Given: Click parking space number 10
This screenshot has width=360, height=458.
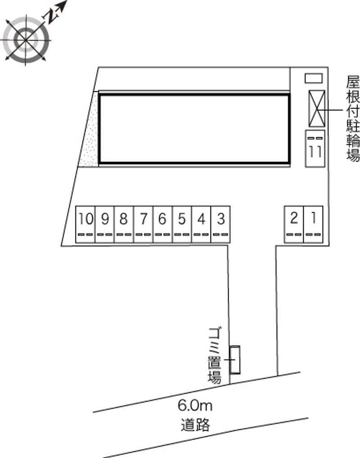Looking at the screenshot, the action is [85, 225].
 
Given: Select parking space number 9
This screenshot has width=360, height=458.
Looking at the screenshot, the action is [104, 225].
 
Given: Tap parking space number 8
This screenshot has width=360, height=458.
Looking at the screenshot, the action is [124, 225].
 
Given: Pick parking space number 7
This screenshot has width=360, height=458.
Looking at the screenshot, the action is [143, 225].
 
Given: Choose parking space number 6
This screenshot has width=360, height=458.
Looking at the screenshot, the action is [162, 225].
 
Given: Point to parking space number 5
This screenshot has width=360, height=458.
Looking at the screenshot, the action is [182, 225].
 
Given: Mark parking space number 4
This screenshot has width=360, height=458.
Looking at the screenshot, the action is [201, 225].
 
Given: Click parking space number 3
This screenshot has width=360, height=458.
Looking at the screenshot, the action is [220, 225].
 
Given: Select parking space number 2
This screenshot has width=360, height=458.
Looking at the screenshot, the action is [294, 225].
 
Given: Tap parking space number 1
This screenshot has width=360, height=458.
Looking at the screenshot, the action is [313, 225].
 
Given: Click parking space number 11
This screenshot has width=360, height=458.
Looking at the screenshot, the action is [315, 148].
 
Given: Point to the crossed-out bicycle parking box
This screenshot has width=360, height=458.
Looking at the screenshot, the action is [317, 109].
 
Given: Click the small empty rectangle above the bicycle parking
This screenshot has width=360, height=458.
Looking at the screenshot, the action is [314, 78].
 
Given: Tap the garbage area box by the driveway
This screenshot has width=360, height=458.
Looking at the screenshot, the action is [235, 360].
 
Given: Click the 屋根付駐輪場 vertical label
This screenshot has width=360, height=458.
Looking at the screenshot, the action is [353, 119].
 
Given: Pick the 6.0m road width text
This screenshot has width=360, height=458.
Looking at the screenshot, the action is [195, 405].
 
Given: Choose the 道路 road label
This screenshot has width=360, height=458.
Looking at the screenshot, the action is [195, 425].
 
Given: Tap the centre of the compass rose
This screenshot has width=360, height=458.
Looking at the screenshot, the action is [26, 40].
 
